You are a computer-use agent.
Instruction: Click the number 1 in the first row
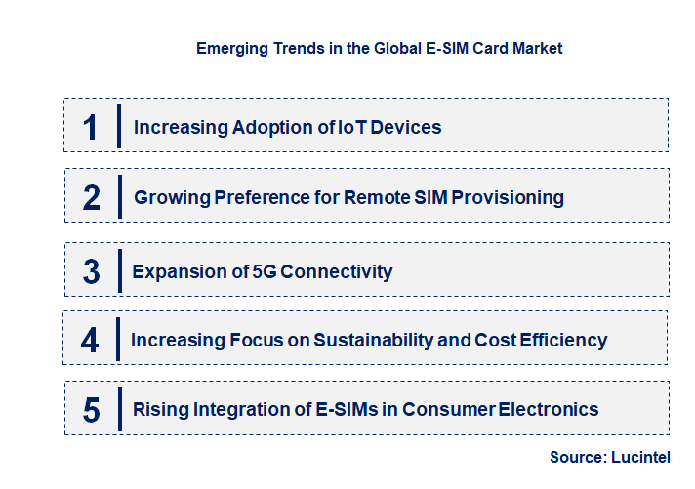(x=91, y=127)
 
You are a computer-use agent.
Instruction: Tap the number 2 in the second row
(x=92, y=198)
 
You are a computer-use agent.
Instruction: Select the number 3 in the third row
(x=92, y=271)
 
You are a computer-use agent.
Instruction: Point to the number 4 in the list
(x=91, y=341)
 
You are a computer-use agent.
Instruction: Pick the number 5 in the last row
(x=92, y=410)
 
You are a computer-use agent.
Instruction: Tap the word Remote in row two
(x=380, y=198)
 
